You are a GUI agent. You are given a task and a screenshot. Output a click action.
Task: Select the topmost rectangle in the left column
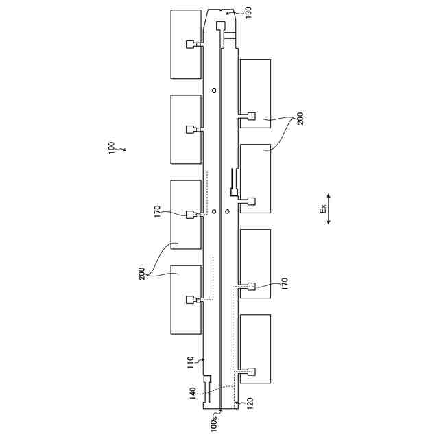186,44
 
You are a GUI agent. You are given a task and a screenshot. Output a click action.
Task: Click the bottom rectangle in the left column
186,299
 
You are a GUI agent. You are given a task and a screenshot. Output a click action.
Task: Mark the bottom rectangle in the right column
255,348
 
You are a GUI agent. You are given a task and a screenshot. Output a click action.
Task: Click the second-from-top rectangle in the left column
186,129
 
